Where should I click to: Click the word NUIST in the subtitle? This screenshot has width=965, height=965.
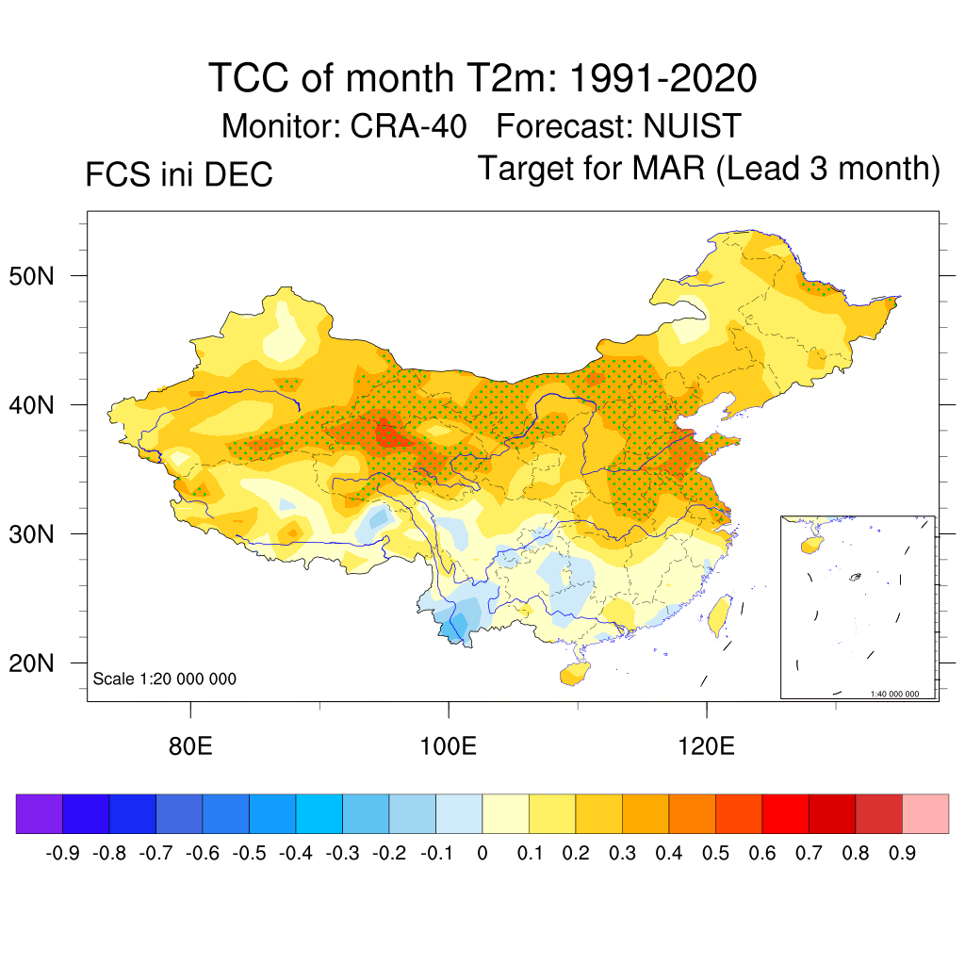pyautogui.click(x=693, y=125)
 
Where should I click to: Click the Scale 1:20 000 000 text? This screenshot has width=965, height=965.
pyautogui.click(x=165, y=679)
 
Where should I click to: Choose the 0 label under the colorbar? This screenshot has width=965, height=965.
pyautogui.click(x=482, y=854)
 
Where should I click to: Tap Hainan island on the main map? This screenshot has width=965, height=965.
pyautogui.click(x=573, y=674)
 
